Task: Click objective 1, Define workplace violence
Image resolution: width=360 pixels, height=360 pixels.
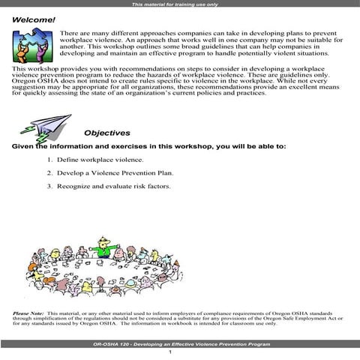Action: click(95, 160)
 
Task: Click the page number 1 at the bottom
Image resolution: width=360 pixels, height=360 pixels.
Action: click(171, 352)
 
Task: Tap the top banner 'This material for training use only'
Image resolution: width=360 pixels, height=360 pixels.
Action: click(179, 4)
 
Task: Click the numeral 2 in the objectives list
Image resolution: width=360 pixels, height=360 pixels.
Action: click(49, 172)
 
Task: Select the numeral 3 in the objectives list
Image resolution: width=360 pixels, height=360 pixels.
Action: click(49, 185)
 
